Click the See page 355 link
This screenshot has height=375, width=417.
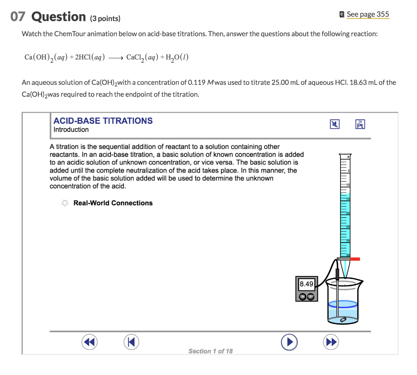[367, 14]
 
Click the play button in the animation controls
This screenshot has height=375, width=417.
[289, 342]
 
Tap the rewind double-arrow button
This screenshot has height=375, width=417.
[89, 342]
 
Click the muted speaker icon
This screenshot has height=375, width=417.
[335, 125]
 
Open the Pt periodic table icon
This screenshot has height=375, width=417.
[360, 125]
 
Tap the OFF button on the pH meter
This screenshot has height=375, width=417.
[310, 296]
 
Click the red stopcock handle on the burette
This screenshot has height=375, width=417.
[354, 259]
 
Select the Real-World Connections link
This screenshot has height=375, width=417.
[113, 203]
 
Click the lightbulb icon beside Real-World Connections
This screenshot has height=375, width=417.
[65, 203]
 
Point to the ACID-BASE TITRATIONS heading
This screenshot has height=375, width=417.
[103, 121]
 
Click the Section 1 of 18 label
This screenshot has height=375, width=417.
[211, 351]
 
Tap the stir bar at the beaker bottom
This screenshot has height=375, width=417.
[343, 319]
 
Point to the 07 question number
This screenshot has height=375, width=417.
[18, 17]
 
